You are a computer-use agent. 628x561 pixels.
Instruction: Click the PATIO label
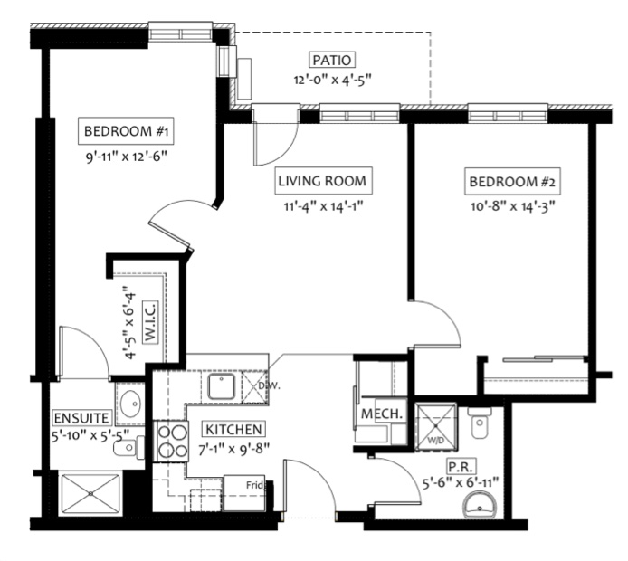(332, 60)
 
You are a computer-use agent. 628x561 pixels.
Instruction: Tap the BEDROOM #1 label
(126, 131)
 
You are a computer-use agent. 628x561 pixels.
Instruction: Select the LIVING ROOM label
(322, 181)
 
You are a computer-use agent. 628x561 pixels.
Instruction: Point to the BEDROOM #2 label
(512, 182)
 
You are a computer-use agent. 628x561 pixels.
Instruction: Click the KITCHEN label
(233, 429)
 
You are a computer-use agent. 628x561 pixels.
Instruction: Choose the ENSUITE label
(81, 418)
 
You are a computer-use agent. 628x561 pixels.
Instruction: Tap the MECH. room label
(382, 414)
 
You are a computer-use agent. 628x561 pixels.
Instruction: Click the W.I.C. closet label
(150, 321)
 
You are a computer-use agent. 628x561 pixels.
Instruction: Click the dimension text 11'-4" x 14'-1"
(323, 206)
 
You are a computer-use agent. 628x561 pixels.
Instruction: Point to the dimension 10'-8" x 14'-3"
(513, 206)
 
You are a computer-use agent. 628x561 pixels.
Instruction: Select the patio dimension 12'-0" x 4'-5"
(332, 80)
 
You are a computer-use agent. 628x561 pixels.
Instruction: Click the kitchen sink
(221, 386)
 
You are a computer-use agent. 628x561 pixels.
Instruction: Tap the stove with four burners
(171, 442)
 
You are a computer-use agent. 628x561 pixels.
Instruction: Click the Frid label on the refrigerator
(254, 485)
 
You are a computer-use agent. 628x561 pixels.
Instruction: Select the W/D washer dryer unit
(436, 427)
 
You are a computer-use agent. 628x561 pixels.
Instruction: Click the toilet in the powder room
(480, 423)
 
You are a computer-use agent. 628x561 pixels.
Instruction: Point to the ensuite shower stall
(90, 493)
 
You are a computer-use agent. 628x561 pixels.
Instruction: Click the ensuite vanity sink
(130, 403)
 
